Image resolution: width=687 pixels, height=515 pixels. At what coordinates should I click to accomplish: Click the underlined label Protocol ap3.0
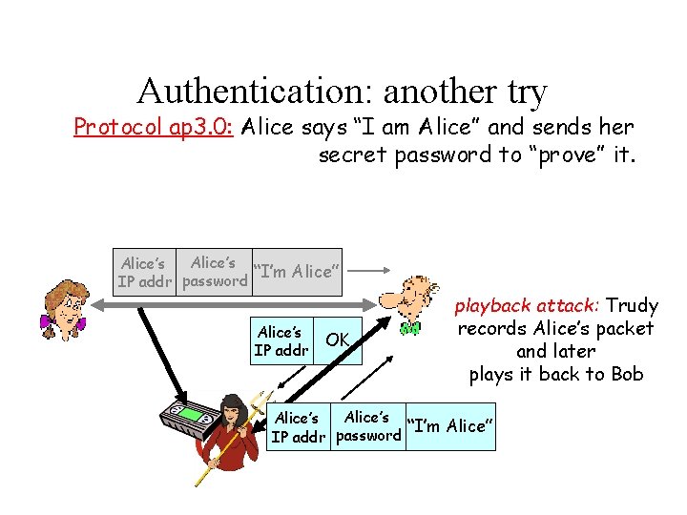154,128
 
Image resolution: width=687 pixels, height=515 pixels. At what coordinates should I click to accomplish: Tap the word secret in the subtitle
353,154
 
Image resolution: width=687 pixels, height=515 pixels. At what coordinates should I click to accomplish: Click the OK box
338,340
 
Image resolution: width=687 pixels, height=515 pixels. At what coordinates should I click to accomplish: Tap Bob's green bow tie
410,329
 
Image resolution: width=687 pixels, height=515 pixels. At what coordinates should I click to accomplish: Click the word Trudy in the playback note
633,306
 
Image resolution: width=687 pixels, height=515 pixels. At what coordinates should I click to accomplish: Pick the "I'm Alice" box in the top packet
295,271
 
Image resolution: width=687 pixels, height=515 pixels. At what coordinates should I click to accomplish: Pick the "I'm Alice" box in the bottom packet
449,425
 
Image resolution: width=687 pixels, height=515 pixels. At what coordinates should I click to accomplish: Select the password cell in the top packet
214,271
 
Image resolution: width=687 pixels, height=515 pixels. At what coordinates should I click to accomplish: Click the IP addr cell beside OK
281,340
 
